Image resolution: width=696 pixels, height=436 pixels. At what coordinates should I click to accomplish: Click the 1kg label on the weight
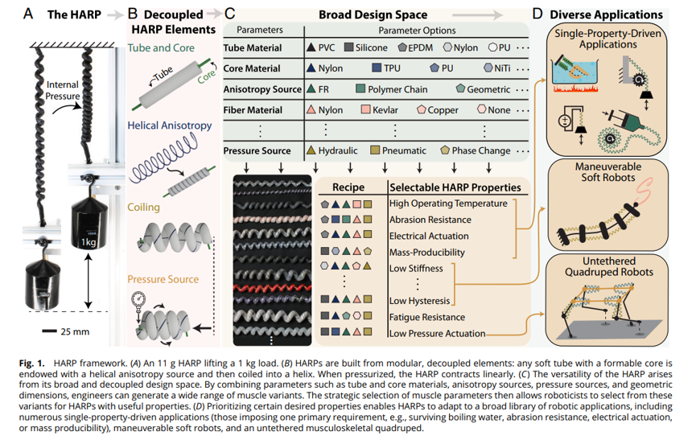[89, 242]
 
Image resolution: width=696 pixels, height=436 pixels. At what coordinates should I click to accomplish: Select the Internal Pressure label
[63, 90]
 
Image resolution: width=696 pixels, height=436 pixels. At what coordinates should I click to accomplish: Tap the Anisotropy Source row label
[262, 89]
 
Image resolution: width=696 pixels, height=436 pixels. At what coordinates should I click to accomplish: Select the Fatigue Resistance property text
[427, 317]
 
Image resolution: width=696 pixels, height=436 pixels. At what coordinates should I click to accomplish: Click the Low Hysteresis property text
[419, 301]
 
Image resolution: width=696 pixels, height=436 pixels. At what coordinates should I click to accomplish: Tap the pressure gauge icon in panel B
[138, 299]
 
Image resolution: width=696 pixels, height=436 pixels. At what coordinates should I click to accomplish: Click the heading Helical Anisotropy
[170, 125]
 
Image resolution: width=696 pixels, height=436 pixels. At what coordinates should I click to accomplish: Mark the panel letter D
[537, 14]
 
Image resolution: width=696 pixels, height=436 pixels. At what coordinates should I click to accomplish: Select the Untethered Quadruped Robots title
[608, 266]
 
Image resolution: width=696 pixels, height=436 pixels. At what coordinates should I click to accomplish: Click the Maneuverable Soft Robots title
[608, 172]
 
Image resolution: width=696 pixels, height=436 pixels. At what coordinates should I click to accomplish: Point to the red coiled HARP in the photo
[272, 289]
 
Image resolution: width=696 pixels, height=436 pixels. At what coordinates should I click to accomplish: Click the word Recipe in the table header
[348, 187]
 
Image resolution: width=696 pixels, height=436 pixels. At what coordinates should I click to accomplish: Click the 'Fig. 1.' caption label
[32, 363]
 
